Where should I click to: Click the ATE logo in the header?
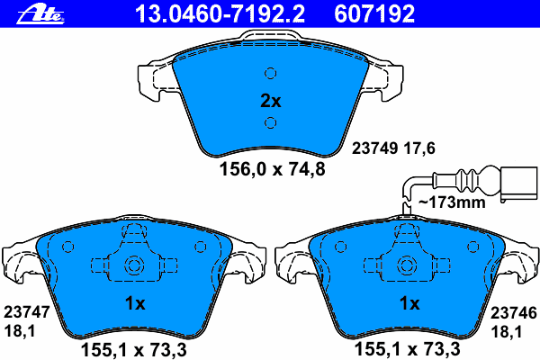coord(40,14)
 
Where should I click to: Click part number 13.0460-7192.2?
coord(220,13)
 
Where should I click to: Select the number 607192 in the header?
coord(374,13)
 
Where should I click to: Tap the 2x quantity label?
coord(271,101)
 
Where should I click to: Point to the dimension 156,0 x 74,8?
coord(272,169)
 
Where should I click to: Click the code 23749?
coord(374,148)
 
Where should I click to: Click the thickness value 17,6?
coord(419,148)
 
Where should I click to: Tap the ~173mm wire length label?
coord(452,202)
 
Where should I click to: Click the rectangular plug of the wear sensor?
coord(518,184)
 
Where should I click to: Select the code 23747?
coord(27,312)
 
